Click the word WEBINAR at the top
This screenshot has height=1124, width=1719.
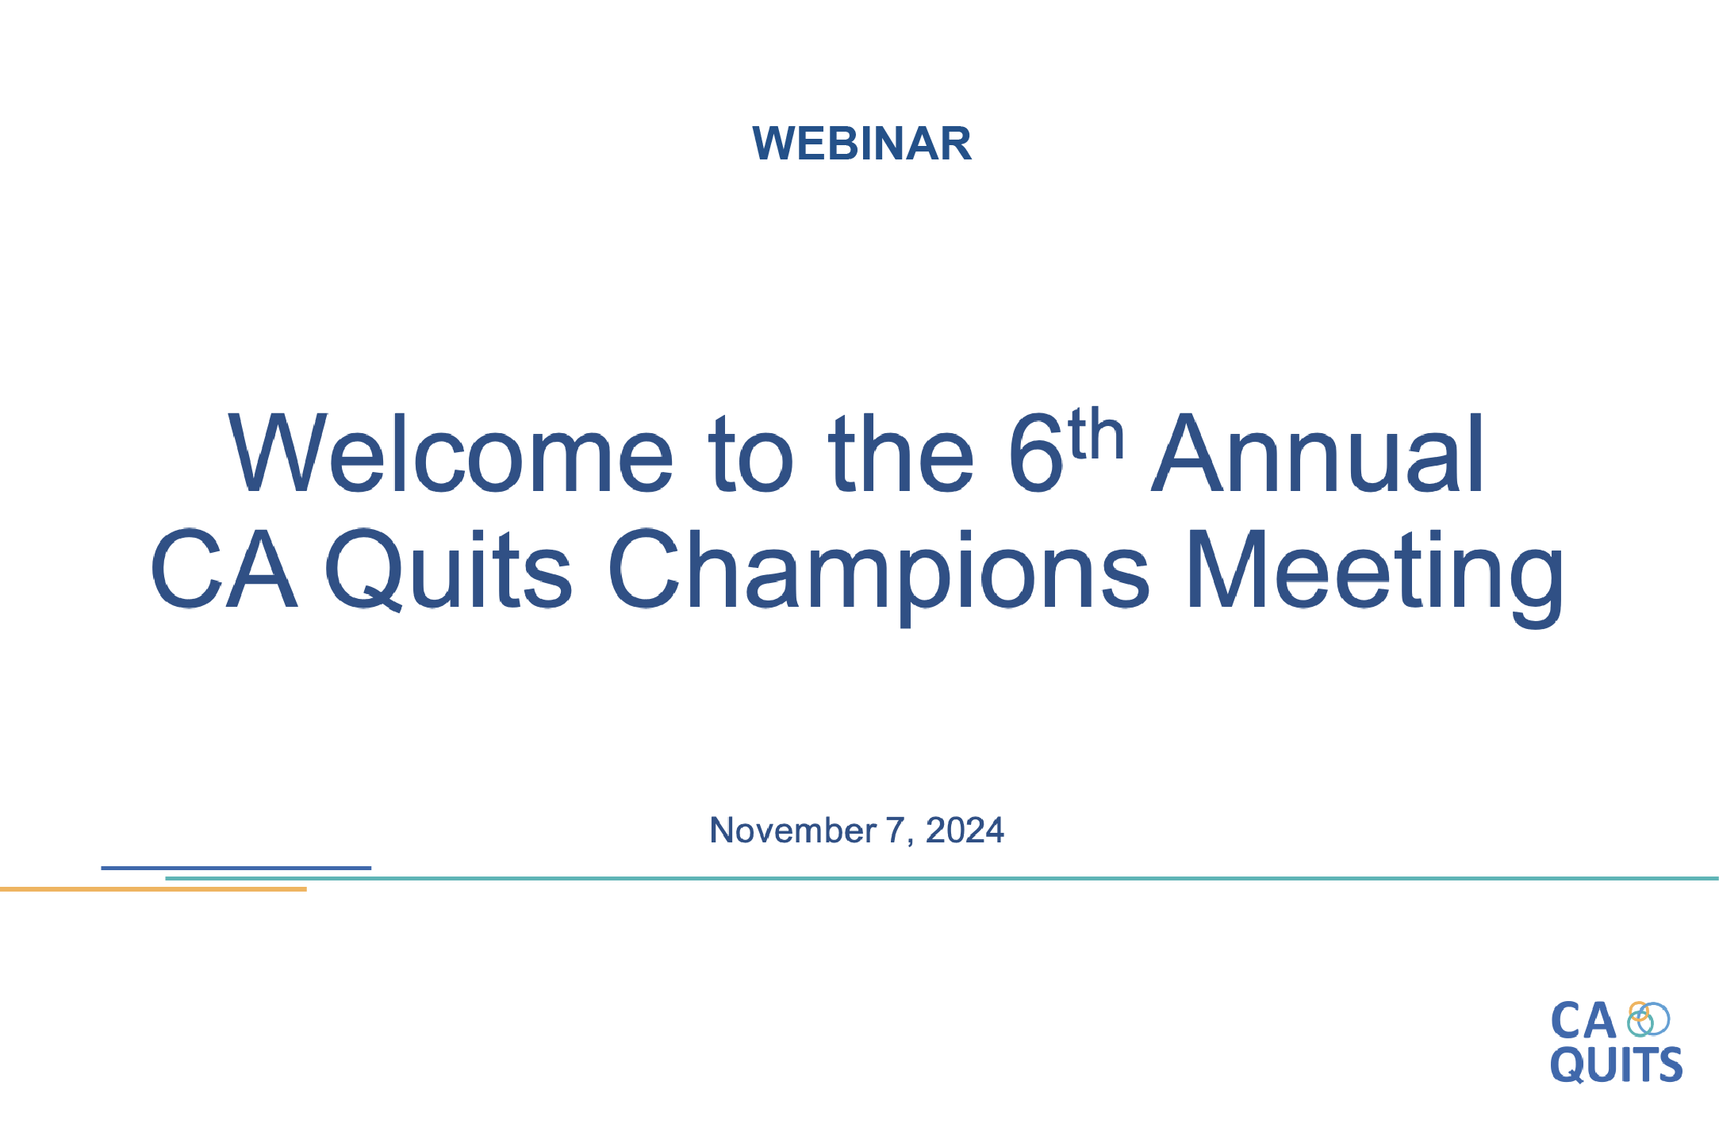click(861, 144)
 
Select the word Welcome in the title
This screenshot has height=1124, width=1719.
click(451, 453)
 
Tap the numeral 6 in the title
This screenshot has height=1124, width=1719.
click(1035, 453)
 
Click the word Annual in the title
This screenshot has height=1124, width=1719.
click(1318, 453)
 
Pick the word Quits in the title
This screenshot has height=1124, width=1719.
click(448, 570)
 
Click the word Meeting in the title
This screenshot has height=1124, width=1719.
click(1375, 577)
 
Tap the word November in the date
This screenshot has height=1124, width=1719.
click(792, 831)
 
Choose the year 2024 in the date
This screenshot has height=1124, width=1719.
click(965, 831)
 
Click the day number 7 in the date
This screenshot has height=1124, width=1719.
click(895, 831)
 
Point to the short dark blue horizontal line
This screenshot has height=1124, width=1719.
click(236, 868)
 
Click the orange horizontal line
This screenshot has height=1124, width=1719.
click(153, 889)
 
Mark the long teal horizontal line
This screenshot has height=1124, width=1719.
click(942, 878)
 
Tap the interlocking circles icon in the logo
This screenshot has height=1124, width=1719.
click(1648, 1019)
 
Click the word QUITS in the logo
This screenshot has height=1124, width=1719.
click(1616, 1065)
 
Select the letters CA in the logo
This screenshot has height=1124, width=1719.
click(1583, 1021)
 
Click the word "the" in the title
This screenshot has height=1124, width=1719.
click(901, 453)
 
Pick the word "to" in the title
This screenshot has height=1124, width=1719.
click(750, 453)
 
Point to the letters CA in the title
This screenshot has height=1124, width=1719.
click(224, 570)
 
